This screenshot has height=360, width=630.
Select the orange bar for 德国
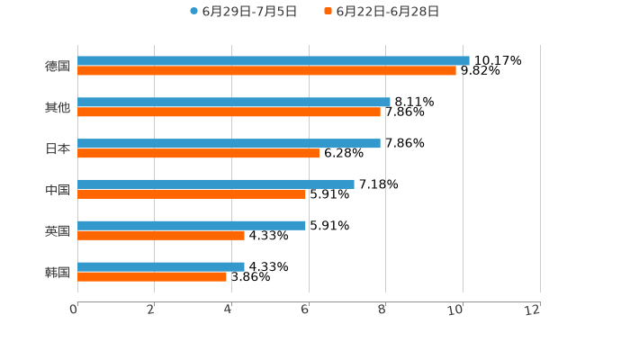point(266,71)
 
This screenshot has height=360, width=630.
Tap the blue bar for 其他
point(234,102)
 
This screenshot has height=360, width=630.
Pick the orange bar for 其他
point(229,112)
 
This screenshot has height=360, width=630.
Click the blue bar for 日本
point(229,143)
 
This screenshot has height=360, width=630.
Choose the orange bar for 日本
point(198,153)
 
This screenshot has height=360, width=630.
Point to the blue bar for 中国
point(216,184)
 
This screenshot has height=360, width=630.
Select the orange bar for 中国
point(192,194)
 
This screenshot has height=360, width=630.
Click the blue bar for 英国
point(192,225)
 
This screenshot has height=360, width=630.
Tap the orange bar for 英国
point(161,236)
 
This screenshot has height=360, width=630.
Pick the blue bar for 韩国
point(161,266)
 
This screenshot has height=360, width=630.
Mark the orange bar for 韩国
point(152,277)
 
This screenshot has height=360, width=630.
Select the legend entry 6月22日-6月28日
point(387,12)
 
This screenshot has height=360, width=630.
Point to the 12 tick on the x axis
point(533,310)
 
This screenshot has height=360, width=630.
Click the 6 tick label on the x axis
point(305,310)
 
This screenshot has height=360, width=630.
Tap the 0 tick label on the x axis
point(74,310)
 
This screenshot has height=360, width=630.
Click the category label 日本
point(58,148)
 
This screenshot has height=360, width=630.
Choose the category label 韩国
point(58,272)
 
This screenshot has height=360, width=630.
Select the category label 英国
point(58,230)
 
